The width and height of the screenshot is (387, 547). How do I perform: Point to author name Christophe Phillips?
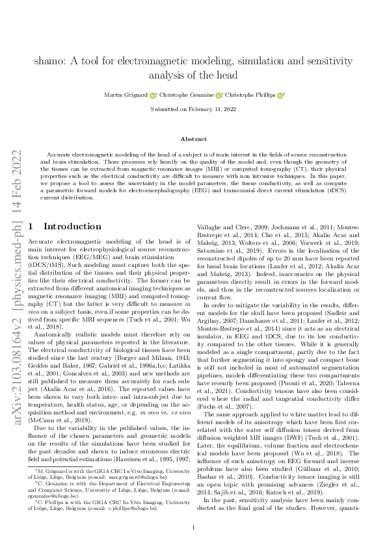pos(252,95)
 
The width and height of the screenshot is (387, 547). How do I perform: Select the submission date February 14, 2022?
pos(213,109)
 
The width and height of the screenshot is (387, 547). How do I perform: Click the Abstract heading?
pos(193,139)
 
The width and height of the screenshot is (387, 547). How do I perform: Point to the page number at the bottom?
pos(193,527)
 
